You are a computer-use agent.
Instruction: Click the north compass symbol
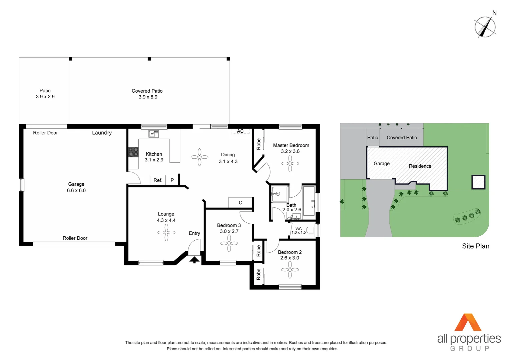pyautogui.click(x=485, y=27)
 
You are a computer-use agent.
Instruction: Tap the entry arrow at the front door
pyautogui.click(x=194, y=260)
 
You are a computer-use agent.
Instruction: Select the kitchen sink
pyautogui.click(x=154, y=134)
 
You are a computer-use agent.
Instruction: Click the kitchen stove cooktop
pyautogui.click(x=133, y=152)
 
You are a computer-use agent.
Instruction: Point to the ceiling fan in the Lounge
pyautogui.click(x=166, y=232)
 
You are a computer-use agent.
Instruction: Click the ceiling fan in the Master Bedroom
pyautogui.click(x=290, y=164)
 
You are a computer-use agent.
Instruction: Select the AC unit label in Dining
pyautogui.click(x=240, y=131)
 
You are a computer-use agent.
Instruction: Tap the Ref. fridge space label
pyautogui.click(x=158, y=180)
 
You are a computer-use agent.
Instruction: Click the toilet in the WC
pyautogui.click(x=310, y=230)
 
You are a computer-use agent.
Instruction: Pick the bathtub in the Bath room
pyautogui.click(x=309, y=201)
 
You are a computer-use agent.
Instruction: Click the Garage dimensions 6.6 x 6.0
pyautogui.click(x=76, y=191)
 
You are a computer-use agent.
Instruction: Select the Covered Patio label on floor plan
pyautogui.click(x=147, y=91)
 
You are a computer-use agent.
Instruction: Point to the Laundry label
pyautogui.click(x=102, y=133)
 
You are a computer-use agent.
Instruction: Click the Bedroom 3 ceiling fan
pyautogui.click(x=229, y=243)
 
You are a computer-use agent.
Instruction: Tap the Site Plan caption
pyautogui.click(x=475, y=246)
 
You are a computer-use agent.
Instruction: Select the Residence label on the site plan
pyautogui.click(x=420, y=166)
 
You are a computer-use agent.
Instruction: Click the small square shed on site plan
pyautogui.click(x=478, y=182)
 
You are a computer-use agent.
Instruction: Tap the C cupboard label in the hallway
pyautogui.click(x=240, y=203)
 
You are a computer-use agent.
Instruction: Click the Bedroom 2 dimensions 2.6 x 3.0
pyautogui.click(x=290, y=258)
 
